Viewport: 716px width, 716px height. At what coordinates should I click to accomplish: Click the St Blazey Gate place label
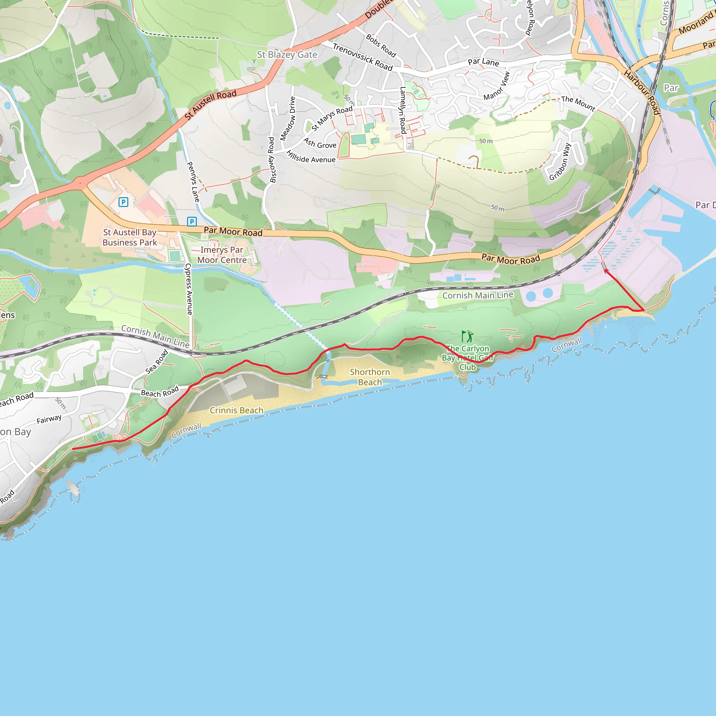pos(287,55)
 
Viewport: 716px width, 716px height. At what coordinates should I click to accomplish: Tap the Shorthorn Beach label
pos(370,377)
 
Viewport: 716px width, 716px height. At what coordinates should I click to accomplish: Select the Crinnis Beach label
pos(236,410)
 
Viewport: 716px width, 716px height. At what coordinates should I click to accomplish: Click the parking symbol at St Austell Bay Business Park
pos(123,202)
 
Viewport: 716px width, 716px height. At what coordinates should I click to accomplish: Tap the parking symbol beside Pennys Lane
pos(192,222)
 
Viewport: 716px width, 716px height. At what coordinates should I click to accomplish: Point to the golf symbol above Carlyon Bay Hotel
pos(467,337)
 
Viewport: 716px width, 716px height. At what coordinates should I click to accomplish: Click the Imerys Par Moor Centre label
pos(222,255)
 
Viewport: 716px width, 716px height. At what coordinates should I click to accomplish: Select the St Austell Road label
pos(210,105)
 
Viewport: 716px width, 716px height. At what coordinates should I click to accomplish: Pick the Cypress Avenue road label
pos(189,289)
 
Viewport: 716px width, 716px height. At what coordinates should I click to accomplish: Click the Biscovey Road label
pos(272,160)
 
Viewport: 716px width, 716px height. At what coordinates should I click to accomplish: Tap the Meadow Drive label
pos(288,119)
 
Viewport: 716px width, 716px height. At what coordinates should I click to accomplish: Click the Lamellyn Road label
pos(403,110)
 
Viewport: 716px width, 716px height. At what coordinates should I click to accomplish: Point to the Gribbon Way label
pos(560,162)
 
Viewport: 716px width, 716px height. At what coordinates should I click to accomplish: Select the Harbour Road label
pos(642,92)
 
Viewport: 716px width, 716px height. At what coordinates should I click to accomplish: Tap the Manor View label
pos(497,86)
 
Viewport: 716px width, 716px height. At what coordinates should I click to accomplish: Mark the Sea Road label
pos(157,362)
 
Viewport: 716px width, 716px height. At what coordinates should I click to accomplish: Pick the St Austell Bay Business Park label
pos(130,237)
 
